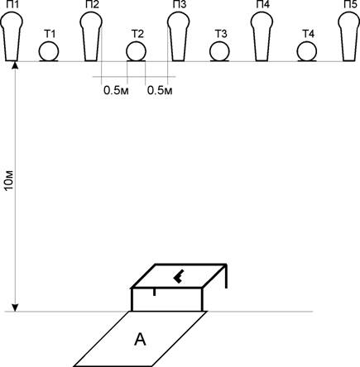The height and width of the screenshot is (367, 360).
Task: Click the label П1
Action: click(12, 4)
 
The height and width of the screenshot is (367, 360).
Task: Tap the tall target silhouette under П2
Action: click(91, 36)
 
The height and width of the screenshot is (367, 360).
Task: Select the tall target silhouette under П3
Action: click(179, 36)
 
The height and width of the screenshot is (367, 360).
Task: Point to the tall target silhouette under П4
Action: click(262, 36)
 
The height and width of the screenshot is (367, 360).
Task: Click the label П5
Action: click(350, 4)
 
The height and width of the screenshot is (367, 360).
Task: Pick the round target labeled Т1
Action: click(49, 51)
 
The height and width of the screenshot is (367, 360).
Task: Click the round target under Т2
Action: click(137, 51)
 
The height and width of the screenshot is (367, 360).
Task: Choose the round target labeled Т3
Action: click(219, 51)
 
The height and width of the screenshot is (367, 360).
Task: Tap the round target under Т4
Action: click(307, 51)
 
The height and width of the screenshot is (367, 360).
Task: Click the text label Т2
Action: click(137, 34)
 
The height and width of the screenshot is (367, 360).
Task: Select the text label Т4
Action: click(309, 34)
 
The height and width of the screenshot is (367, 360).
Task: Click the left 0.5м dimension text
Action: click(116, 90)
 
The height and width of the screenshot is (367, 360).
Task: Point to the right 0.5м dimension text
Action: click(160, 90)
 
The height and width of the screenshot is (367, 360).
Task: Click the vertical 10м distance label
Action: click(9, 180)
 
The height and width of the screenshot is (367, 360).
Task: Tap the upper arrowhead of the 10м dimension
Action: click(15, 65)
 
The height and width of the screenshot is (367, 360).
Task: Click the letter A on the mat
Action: click(140, 339)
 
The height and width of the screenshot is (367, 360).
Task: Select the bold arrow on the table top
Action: click(179, 277)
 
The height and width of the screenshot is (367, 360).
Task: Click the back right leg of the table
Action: click(226, 276)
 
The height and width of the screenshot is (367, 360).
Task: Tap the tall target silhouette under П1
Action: click(12, 36)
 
